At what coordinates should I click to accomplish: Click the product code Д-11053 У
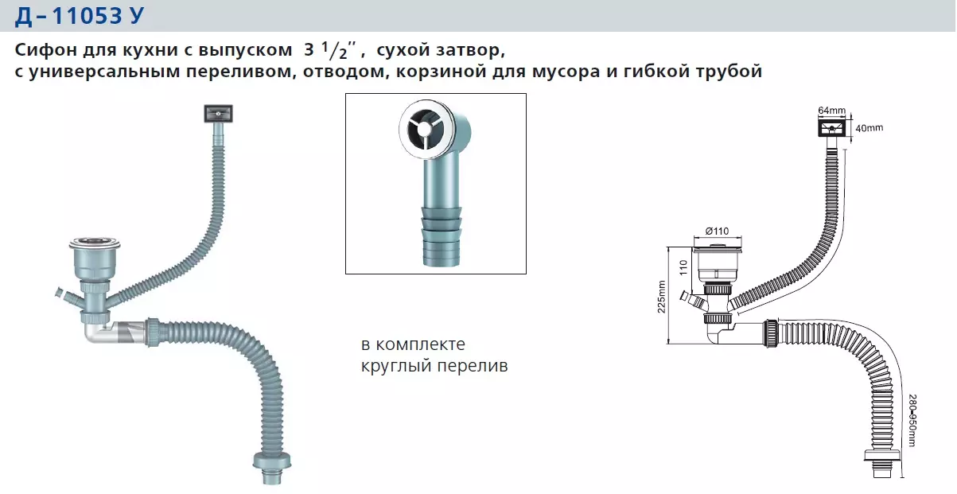[x=79, y=15]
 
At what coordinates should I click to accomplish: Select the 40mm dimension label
[x=869, y=128]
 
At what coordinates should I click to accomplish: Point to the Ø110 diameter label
[x=718, y=231]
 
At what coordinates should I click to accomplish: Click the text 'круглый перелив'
[x=434, y=367]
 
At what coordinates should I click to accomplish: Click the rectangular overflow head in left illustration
[x=217, y=114]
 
